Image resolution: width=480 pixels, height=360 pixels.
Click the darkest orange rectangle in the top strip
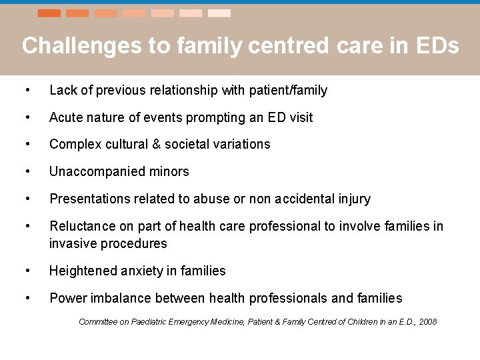click(49, 13)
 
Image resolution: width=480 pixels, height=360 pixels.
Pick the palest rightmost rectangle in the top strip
click(219, 13)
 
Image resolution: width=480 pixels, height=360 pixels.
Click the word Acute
click(67, 117)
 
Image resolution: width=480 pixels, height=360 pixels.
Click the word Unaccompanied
click(91, 171)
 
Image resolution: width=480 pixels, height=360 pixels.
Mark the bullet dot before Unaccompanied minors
click(25, 171)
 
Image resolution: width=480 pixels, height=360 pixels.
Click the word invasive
click(73, 243)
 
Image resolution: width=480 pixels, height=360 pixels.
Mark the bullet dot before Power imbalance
click(25, 298)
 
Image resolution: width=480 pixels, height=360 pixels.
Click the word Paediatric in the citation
click(153, 322)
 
